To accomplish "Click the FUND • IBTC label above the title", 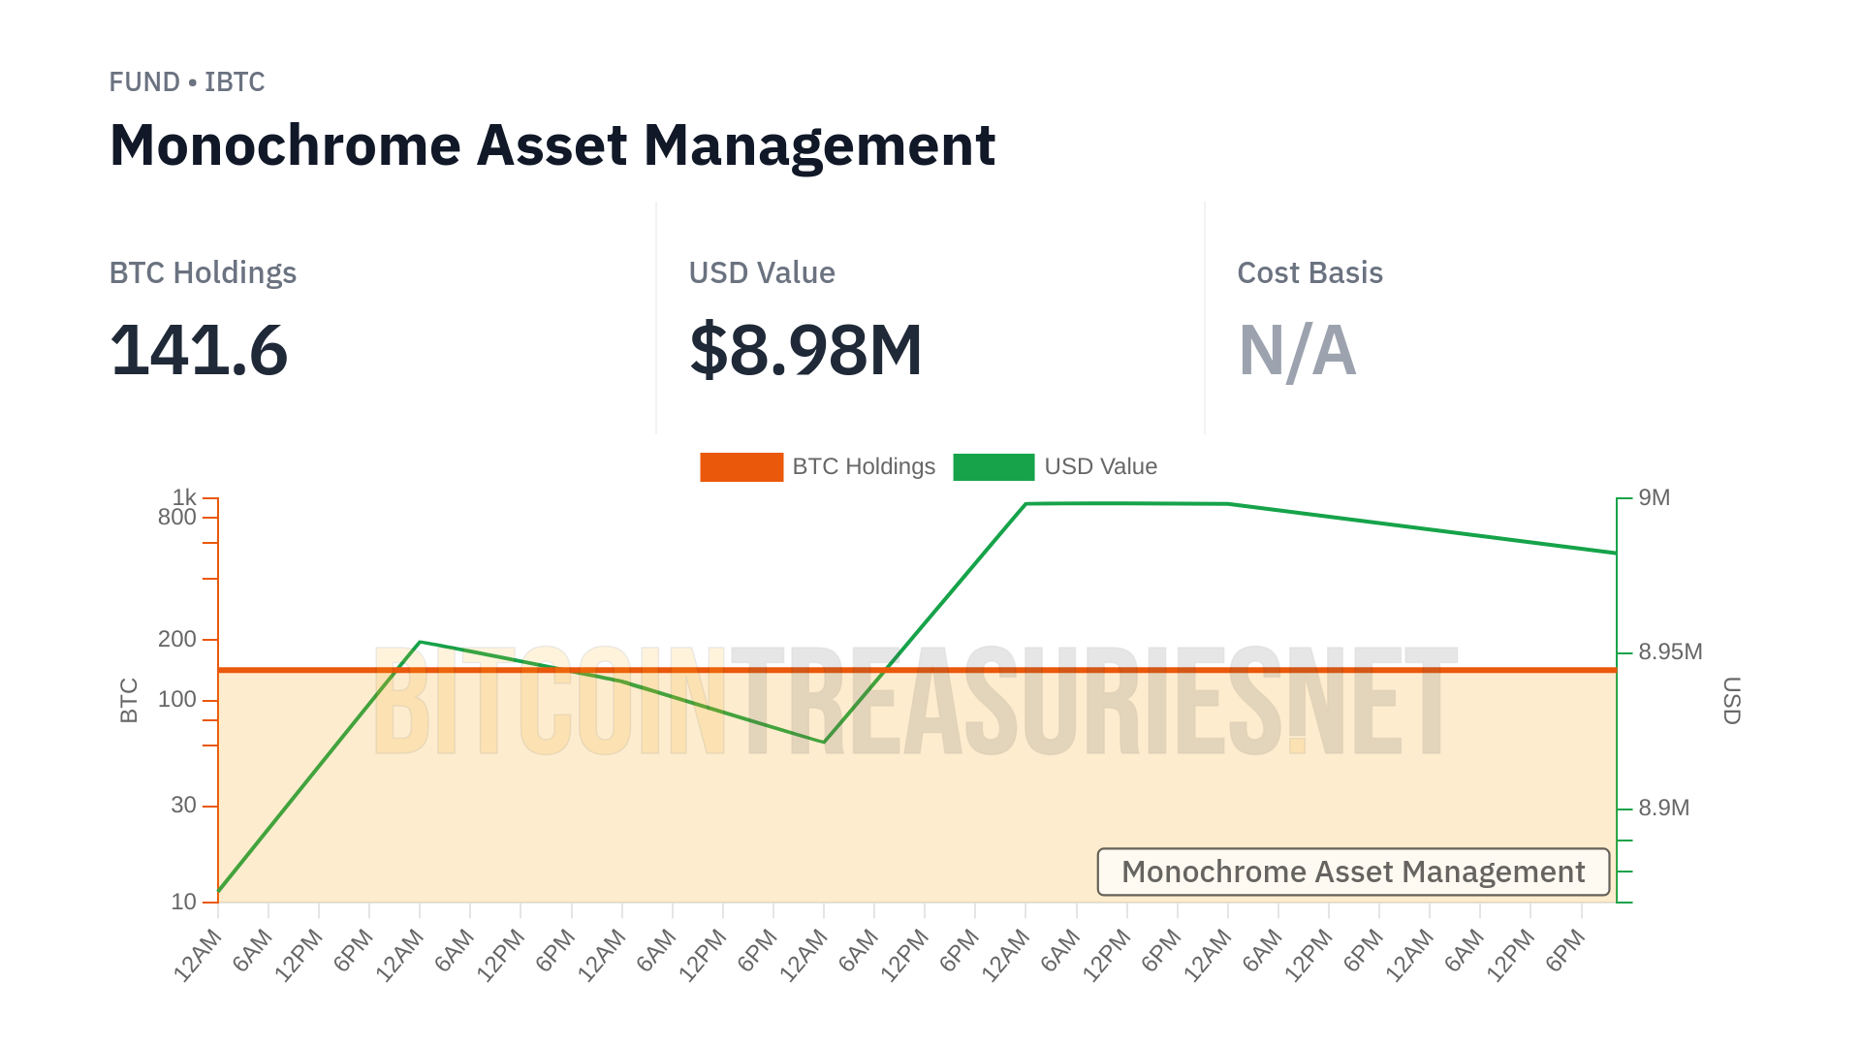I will tap(186, 82).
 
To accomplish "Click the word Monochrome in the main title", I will tap(285, 145).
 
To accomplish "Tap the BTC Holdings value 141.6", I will tap(199, 350).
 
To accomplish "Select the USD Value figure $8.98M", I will tap(804, 350).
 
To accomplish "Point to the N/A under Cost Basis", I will tap(1297, 350).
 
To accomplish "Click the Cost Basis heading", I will tap(1309, 273).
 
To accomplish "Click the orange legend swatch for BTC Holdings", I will tap(741, 467).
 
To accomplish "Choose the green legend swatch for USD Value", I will tap(994, 467).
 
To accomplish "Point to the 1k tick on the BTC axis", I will tap(184, 497).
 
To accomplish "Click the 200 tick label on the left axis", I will tap(177, 639).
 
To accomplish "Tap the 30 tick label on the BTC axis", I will tap(184, 805).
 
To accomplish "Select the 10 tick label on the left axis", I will tap(184, 902).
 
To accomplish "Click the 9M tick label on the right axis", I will tap(1654, 498).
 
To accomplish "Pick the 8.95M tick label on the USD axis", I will tap(1670, 651).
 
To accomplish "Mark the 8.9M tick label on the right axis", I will tap(1663, 808).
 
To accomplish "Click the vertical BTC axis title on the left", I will tap(129, 700).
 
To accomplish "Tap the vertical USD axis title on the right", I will tap(1731, 700).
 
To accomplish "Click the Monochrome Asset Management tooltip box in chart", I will tap(1353, 872).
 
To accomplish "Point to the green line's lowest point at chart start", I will tap(219, 891).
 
